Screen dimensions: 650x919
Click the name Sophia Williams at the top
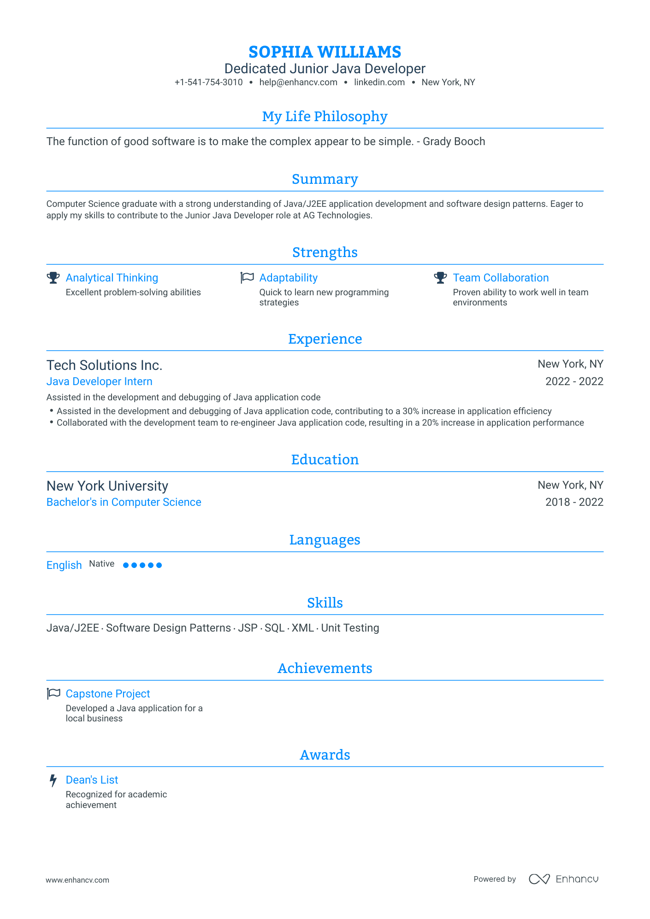click(x=325, y=52)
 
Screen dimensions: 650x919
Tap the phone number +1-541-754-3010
click(x=208, y=82)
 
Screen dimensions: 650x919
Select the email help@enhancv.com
click(x=298, y=82)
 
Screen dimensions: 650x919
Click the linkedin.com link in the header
click(x=379, y=82)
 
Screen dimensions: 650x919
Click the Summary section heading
click(x=325, y=179)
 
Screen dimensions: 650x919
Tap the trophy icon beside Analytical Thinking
click(x=53, y=278)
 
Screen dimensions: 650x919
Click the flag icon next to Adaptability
click(x=247, y=278)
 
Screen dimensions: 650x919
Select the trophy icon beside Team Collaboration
click(x=441, y=278)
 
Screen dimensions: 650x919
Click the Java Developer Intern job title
click(x=99, y=381)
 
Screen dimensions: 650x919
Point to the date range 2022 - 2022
click(x=574, y=381)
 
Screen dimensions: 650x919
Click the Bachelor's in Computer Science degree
click(x=124, y=502)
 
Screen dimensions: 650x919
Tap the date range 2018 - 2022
click(x=574, y=502)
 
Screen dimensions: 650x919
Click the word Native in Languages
click(x=101, y=564)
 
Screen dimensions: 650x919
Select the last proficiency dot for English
click(x=159, y=565)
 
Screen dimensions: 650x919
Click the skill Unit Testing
click(x=350, y=628)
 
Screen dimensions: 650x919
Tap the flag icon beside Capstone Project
click(x=53, y=694)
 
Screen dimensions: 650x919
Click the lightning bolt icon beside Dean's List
click(x=53, y=780)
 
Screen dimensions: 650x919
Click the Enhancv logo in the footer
click(x=563, y=879)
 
